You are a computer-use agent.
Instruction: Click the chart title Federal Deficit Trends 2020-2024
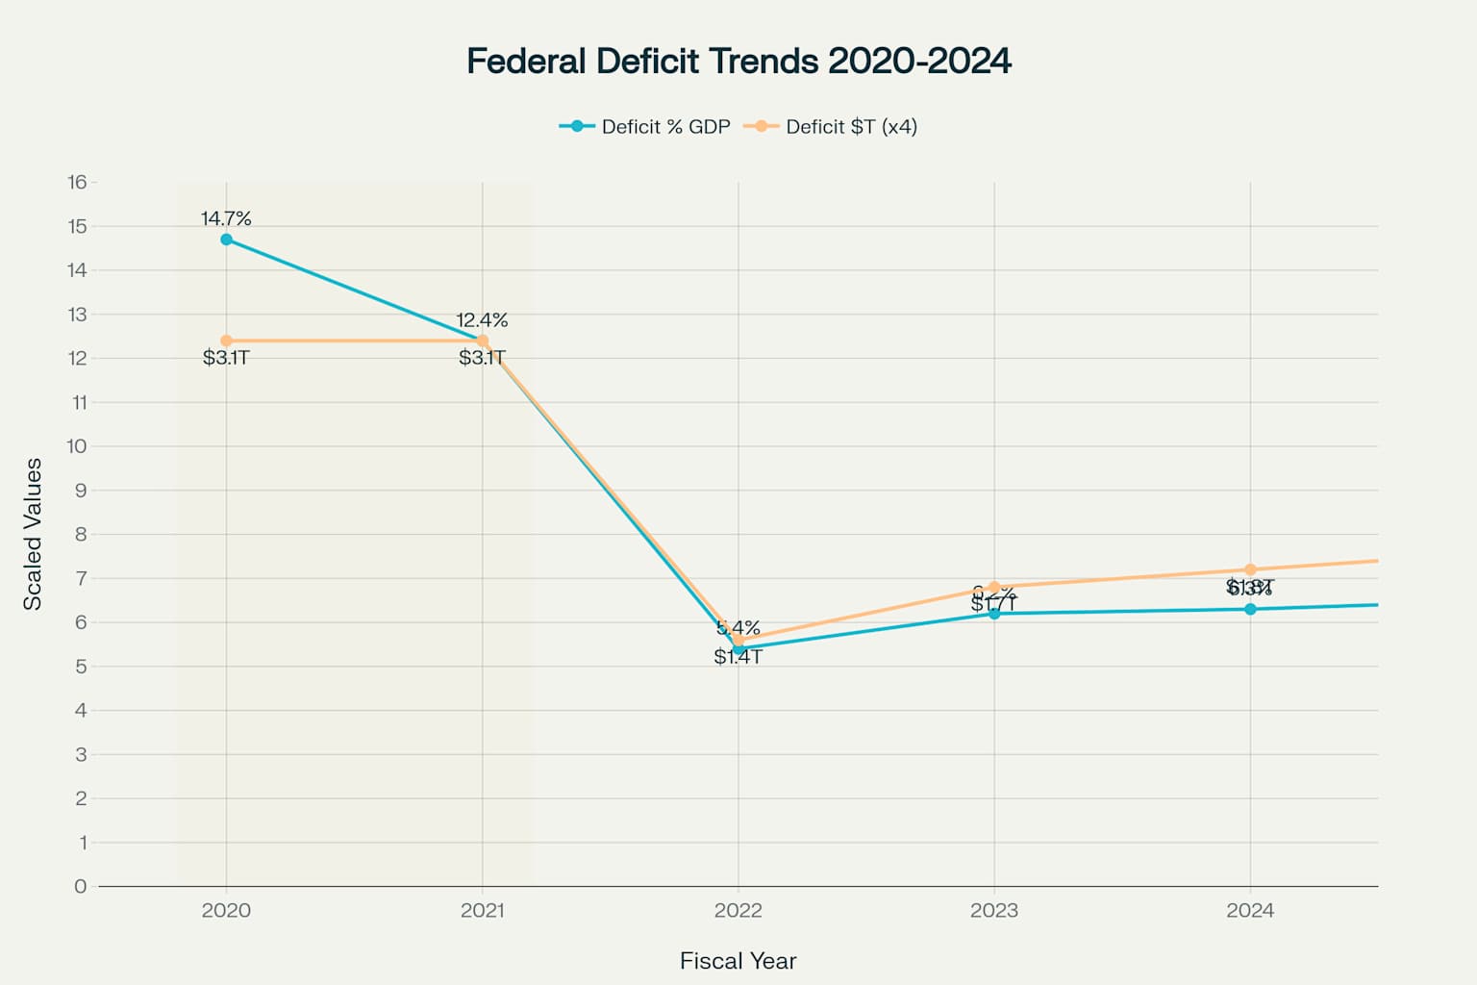[738, 61]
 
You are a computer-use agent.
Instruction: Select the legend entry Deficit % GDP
[645, 127]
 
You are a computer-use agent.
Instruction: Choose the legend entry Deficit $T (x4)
[832, 127]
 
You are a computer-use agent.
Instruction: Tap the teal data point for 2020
[226, 240]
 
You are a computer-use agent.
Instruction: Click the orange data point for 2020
[226, 341]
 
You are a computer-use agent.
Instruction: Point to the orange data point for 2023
[994, 587]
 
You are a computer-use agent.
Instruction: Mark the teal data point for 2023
[994, 613]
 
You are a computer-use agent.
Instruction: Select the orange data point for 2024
[1250, 569]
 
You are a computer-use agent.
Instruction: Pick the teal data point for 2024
[1250, 609]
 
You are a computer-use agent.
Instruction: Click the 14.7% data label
[226, 218]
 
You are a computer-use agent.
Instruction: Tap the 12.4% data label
[482, 320]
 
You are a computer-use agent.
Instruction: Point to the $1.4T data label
[738, 657]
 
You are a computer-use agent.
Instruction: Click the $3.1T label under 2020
[226, 358]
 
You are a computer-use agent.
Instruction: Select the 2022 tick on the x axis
[738, 910]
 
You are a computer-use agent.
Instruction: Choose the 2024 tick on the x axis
[1250, 910]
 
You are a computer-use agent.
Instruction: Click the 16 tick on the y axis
[77, 182]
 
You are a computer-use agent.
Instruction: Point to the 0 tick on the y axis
[80, 886]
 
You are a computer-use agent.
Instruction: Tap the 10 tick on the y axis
[77, 446]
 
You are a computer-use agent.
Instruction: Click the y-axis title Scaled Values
[33, 534]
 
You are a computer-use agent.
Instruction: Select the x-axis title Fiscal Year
[738, 961]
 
